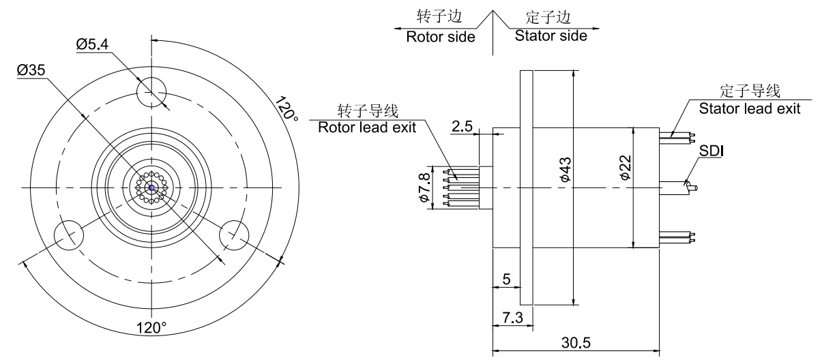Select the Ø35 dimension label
pos(32,70)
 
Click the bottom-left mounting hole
pos(68,235)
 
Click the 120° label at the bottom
pos(151,327)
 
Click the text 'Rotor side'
pos(441,37)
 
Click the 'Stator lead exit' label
pos(750,108)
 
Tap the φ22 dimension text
pos(623,168)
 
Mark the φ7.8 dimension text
pos(425,187)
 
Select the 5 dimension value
pos(505,279)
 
